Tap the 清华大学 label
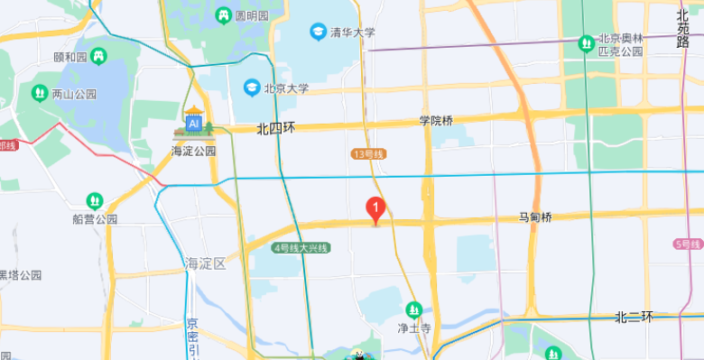(x=352, y=32)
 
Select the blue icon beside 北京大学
(x=251, y=88)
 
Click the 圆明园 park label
(x=252, y=16)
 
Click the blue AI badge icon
(x=194, y=123)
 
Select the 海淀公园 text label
(x=194, y=151)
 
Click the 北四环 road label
(x=276, y=128)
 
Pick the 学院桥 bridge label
(x=436, y=120)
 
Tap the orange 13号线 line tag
(x=368, y=154)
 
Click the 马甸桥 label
(x=534, y=217)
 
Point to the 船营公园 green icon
(x=95, y=200)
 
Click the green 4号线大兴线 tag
(x=301, y=247)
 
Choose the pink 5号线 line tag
(x=688, y=245)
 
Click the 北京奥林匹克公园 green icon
(x=585, y=41)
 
